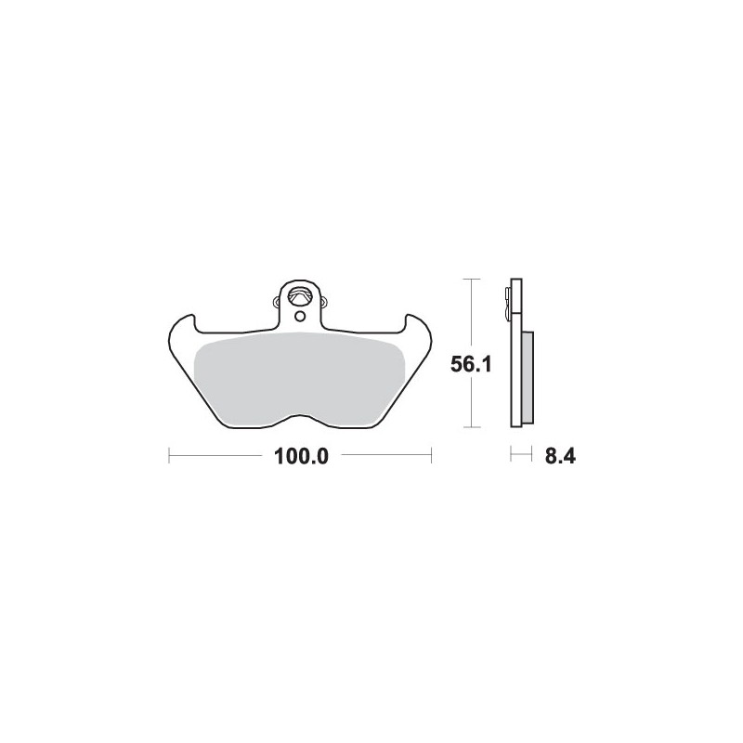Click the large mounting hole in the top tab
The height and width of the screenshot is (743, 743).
299,297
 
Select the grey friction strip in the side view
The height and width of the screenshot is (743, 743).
527,376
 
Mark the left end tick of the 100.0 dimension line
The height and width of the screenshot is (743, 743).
168,456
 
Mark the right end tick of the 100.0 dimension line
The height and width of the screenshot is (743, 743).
432,456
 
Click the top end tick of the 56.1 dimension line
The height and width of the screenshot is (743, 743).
473,279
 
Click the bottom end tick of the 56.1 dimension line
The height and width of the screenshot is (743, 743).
473,428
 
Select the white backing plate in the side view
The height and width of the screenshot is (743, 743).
515,371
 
